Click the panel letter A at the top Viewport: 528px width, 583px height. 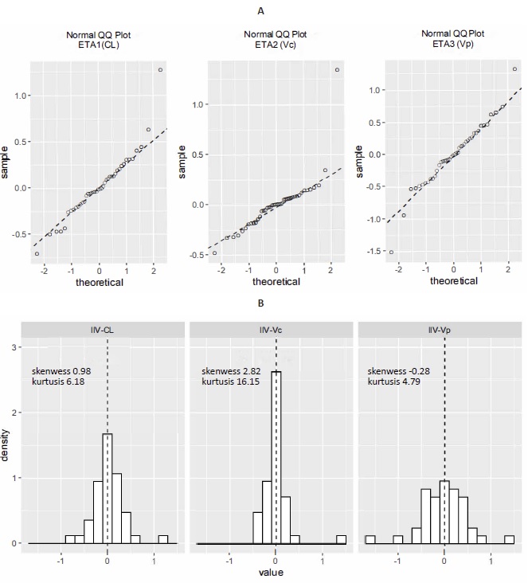tap(262, 10)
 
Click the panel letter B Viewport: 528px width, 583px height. tap(262, 303)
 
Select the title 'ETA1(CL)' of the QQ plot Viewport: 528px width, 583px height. tap(99, 45)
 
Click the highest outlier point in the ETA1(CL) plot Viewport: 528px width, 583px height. tap(160, 70)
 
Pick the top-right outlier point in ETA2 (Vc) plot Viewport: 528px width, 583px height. tap(337, 70)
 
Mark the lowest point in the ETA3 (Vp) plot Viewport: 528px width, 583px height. tap(391, 252)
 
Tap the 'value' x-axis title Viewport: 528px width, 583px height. tap(275, 572)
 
